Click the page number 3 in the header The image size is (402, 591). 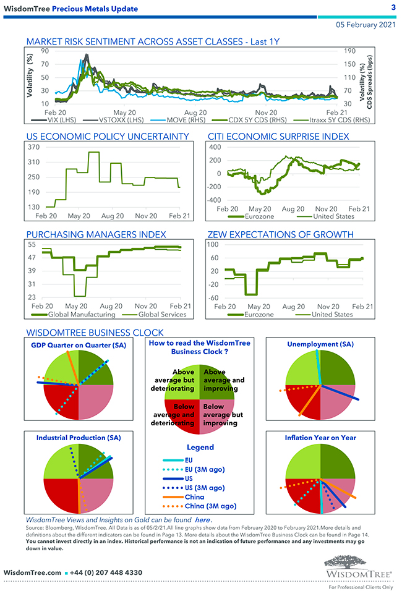coord(393,7)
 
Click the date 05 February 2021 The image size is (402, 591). coord(364,25)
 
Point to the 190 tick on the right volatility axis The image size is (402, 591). coord(349,52)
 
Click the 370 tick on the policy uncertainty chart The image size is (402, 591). coord(34,147)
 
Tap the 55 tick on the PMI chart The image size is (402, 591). coord(30,245)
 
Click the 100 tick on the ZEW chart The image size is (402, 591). coord(213,245)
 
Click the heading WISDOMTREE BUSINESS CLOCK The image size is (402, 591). coord(95,332)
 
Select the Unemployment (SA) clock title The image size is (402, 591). coord(320,344)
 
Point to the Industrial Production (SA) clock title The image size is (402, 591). coord(79,437)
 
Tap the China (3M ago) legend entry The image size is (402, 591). coord(210,506)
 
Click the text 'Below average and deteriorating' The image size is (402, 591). coord(173,415)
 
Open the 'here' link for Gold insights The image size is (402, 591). coord(203,521)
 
